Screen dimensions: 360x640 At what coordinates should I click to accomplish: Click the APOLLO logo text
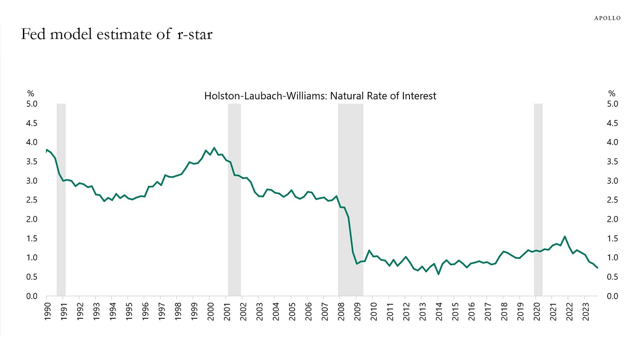coord(607,18)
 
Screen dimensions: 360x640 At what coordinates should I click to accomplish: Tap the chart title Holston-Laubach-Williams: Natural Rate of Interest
coord(320,96)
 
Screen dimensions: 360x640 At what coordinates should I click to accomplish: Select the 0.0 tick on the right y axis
coord(612,296)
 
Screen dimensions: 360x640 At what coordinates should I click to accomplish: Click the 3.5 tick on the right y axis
coord(612,162)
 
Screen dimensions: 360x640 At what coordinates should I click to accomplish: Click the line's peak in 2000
coord(214,148)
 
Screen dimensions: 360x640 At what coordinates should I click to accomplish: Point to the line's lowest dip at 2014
coord(439,274)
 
